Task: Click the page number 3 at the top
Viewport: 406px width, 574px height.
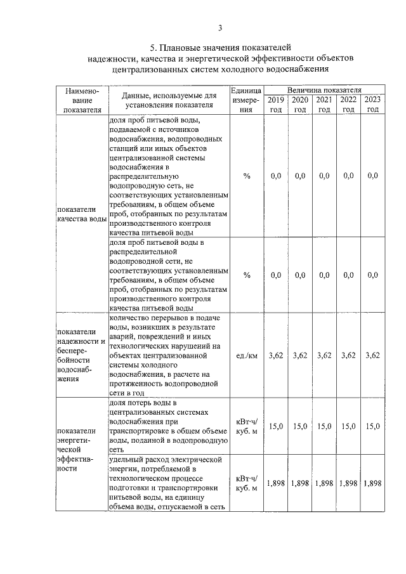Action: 220,27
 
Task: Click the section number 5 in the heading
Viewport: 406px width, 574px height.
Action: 153,48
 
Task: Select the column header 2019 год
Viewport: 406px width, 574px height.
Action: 275,104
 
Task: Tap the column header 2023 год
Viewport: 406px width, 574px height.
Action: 372,104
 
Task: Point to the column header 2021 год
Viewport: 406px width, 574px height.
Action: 324,104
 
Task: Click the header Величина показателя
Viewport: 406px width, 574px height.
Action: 324,90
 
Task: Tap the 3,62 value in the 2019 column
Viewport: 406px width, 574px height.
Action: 275,355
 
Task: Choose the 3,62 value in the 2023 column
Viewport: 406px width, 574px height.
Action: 372,355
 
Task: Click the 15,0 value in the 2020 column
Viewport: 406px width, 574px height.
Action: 300,427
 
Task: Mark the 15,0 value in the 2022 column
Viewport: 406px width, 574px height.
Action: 348,427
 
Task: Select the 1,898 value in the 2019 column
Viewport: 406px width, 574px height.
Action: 275,483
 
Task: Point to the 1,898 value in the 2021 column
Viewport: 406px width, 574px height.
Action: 324,483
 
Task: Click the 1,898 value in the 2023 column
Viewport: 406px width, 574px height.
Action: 372,483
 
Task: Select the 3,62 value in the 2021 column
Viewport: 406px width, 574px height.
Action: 324,355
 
